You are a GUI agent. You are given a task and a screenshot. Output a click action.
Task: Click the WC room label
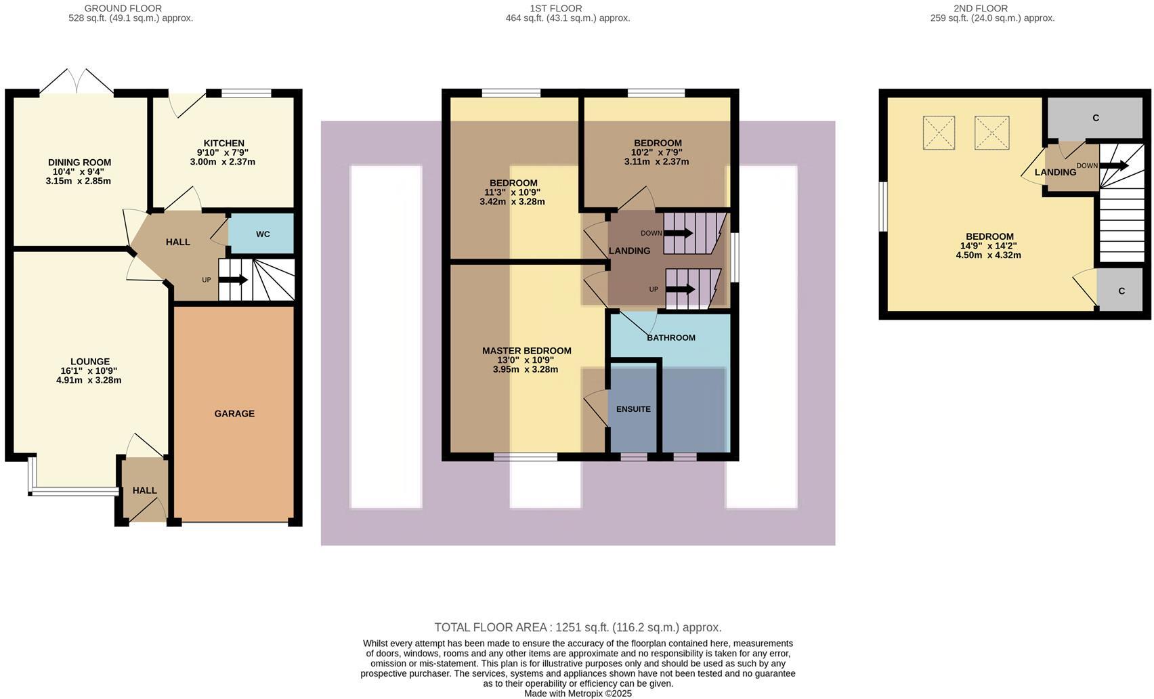[x=263, y=234]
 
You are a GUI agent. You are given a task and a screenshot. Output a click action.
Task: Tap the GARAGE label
[x=234, y=413]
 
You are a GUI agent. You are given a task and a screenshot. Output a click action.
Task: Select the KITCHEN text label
[x=224, y=143]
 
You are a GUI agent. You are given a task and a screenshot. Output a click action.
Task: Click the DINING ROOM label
[x=79, y=162]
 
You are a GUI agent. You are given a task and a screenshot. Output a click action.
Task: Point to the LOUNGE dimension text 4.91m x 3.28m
[x=89, y=381]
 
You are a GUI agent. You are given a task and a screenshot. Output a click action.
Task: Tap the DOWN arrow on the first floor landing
[x=679, y=233]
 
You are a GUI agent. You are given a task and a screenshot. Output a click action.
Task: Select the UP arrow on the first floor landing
[x=681, y=289]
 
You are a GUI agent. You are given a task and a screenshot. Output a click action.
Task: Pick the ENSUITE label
[x=633, y=409]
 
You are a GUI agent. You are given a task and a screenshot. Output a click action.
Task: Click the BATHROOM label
[x=670, y=337]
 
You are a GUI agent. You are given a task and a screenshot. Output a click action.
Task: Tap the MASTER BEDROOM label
[x=526, y=351]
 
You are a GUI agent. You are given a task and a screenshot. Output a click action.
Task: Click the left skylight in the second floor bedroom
[x=939, y=133]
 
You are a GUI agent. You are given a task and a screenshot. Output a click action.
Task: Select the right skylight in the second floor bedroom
[x=991, y=133]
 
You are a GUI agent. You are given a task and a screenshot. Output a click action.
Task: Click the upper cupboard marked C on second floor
[x=1095, y=118]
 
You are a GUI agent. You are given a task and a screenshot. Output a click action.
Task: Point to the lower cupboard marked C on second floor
[x=1121, y=291]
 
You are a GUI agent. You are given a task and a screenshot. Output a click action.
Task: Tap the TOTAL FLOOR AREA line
[x=578, y=627]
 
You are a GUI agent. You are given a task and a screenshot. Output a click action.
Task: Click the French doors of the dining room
[x=77, y=82]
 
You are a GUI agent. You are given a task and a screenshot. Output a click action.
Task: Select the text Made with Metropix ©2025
[x=578, y=694]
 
